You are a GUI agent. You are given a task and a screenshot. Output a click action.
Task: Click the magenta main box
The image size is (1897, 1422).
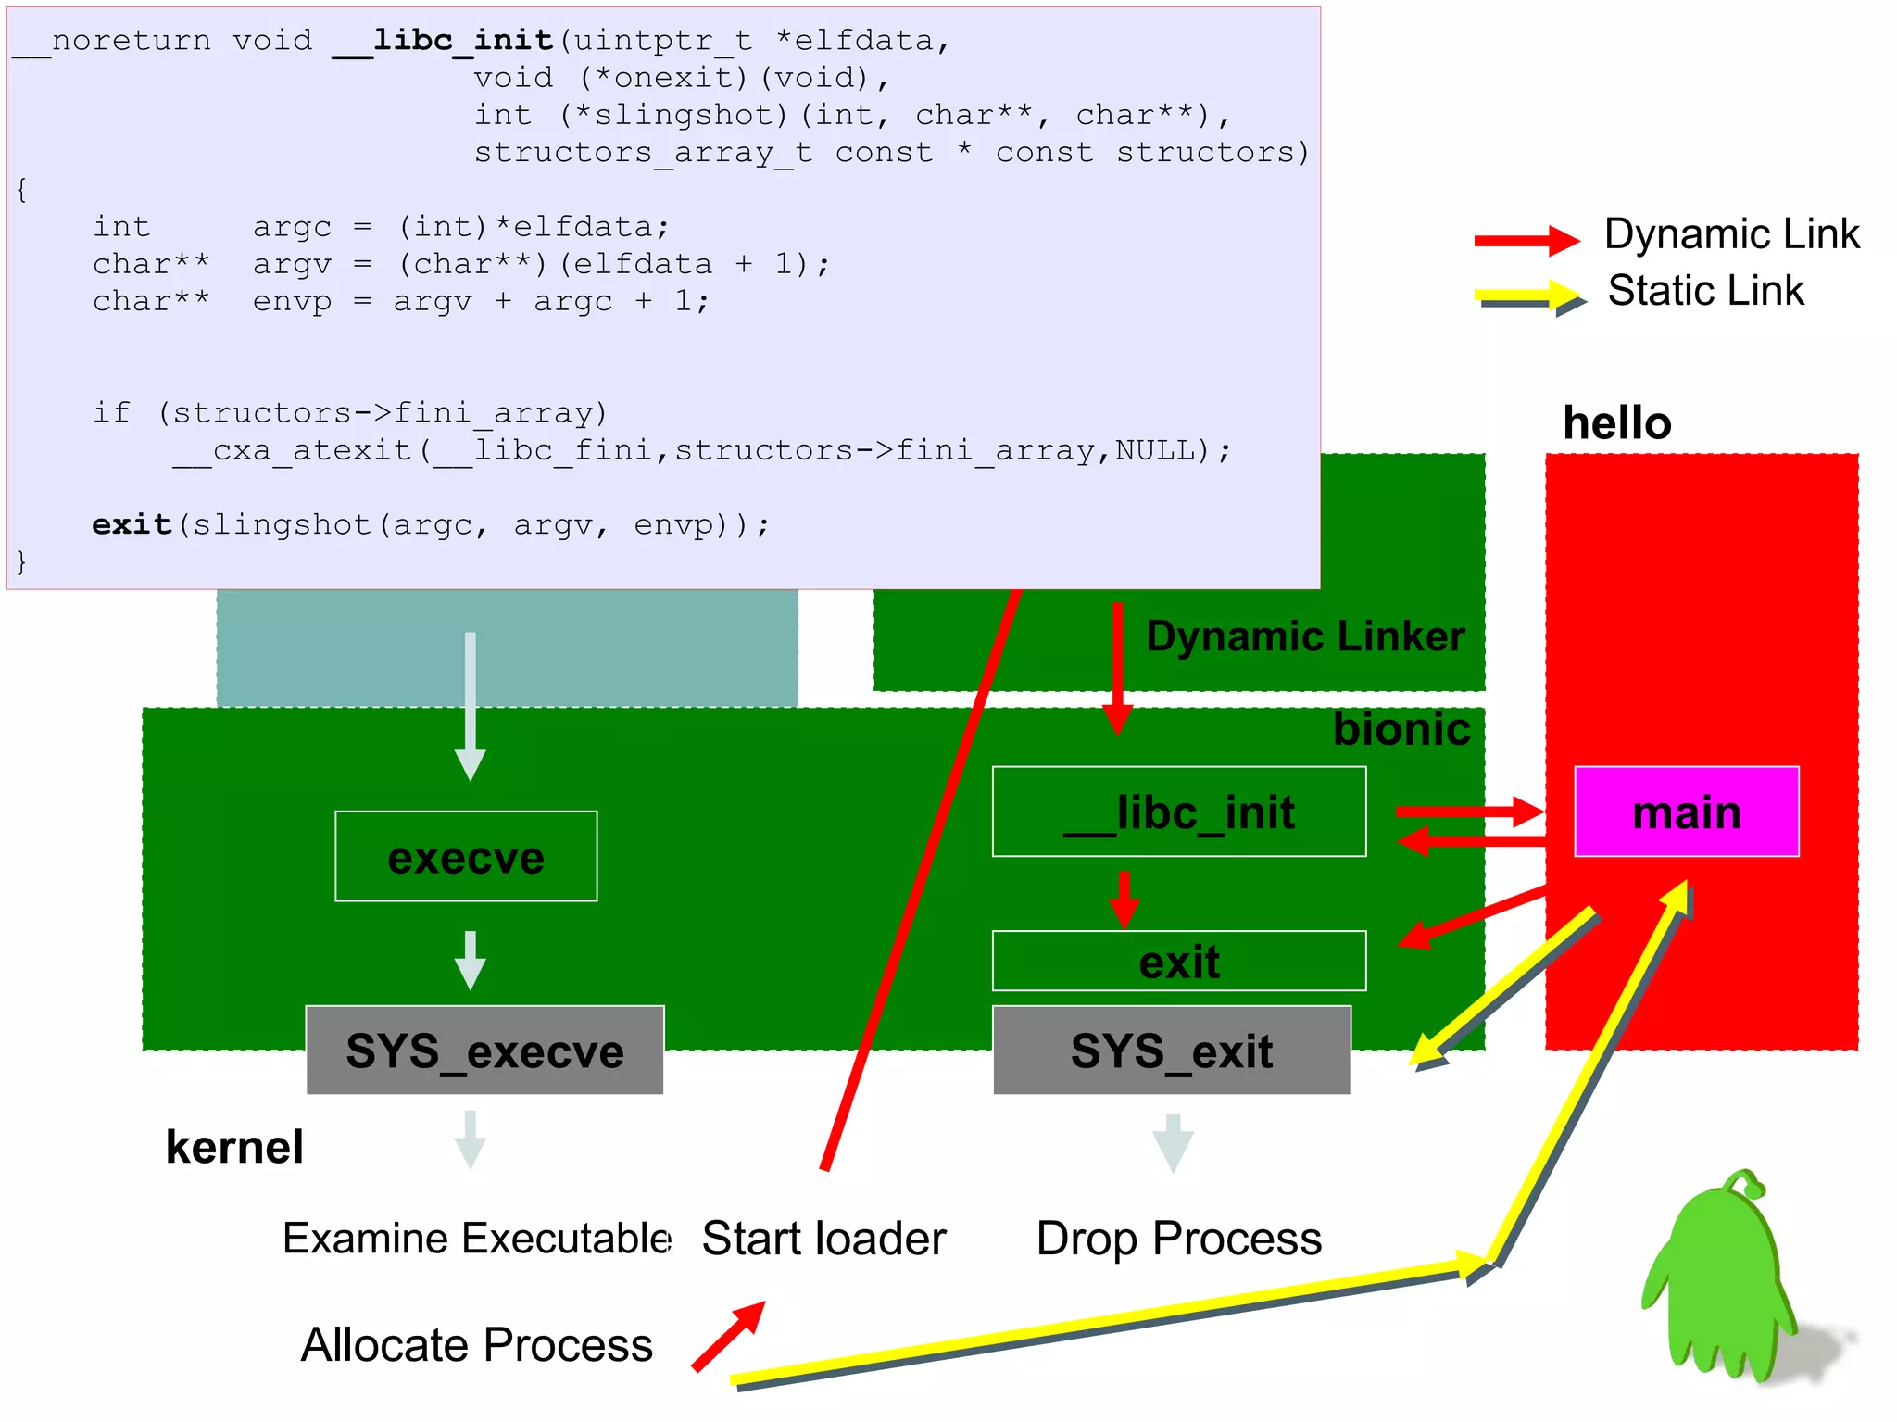tap(1686, 812)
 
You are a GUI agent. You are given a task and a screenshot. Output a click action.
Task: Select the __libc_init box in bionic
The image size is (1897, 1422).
tap(1178, 812)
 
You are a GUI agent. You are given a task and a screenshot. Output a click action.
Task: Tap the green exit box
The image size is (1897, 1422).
tap(1178, 961)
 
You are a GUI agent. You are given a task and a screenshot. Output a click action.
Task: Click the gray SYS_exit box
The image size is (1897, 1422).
tap(1171, 1051)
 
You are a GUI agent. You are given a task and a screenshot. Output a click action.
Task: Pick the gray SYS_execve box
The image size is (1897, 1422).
tap(484, 1051)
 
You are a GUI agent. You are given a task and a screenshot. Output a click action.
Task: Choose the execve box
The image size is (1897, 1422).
tap(466, 856)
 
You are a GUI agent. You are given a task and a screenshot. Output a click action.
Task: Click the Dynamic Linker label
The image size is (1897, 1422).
tap(1304, 636)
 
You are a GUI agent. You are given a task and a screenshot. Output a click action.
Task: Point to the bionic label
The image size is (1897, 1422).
tap(1401, 729)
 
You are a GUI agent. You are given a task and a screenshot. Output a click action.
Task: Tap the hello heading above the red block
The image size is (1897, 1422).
tap(1616, 422)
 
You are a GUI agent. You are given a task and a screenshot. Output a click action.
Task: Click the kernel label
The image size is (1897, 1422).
tap(234, 1147)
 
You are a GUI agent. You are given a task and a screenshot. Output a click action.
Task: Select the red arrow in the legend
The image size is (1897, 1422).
tap(1526, 240)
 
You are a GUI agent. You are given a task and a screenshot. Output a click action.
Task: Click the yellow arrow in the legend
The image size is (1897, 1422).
tap(1528, 297)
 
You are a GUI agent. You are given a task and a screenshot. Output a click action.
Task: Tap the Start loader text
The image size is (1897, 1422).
tap(823, 1239)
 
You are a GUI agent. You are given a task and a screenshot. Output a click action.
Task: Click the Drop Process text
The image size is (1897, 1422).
tap(1178, 1239)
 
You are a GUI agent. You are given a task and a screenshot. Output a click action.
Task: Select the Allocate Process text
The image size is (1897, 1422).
tap(476, 1344)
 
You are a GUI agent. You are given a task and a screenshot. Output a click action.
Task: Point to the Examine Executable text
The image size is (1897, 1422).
tap(476, 1239)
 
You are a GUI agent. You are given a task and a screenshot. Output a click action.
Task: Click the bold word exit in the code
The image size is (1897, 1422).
tap(132, 524)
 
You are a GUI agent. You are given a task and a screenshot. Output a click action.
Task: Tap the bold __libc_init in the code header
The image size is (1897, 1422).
tap(443, 40)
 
